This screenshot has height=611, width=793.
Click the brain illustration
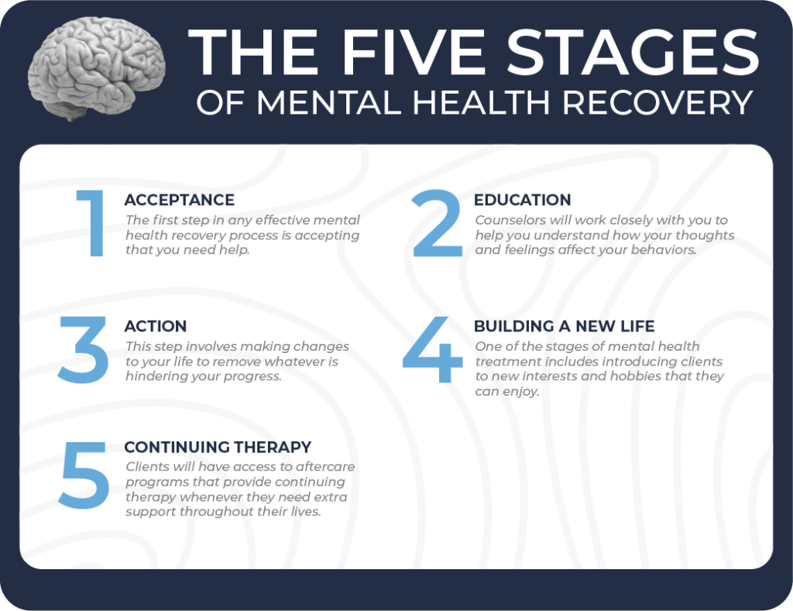(x=97, y=68)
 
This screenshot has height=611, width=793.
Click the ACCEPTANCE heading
(x=179, y=201)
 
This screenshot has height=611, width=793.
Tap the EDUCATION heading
(x=522, y=201)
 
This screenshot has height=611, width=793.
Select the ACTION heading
(x=155, y=326)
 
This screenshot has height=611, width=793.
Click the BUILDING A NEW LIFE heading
(x=564, y=326)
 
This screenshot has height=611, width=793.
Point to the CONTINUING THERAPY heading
(x=218, y=447)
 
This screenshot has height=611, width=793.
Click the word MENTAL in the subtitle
(x=324, y=103)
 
